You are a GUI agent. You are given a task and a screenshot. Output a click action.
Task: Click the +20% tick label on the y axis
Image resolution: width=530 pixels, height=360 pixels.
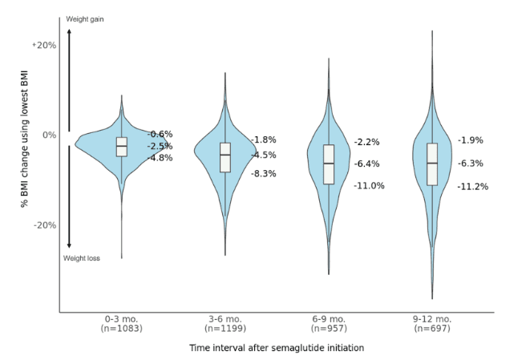(x=44, y=45)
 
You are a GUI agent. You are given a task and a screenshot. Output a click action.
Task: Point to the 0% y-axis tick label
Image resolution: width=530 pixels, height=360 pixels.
(x=49, y=135)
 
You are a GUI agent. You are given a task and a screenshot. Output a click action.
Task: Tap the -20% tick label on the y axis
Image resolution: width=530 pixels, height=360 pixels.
(x=44, y=225)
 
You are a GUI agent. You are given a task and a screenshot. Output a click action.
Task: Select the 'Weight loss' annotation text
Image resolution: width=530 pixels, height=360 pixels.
(x=82, y=258)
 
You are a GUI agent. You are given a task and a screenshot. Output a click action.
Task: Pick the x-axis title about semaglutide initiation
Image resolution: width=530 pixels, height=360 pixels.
(x=276, y=348)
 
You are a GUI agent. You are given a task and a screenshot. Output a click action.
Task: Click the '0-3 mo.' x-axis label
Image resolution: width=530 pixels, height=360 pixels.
(x=121, y=319)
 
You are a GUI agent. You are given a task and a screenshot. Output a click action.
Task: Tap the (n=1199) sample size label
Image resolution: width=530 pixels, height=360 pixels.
(x=225, y=328)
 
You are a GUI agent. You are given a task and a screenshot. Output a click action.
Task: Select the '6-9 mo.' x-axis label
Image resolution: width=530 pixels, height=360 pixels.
(x=329, y=319)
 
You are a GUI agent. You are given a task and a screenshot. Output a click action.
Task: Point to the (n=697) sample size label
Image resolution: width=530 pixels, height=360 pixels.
(x=433, y=328)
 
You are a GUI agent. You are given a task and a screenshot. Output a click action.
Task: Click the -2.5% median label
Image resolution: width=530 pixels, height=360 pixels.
(x=160, y=147)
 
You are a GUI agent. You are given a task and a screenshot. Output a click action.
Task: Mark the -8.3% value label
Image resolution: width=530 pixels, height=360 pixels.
(x=264, y=173)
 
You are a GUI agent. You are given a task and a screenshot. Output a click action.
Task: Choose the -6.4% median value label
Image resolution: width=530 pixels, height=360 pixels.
(x=367, y=164)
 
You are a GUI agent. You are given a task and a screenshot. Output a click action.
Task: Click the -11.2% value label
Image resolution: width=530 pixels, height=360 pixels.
(x=473, y=187)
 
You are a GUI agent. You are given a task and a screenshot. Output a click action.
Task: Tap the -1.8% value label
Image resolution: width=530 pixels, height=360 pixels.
(x=264, y=140)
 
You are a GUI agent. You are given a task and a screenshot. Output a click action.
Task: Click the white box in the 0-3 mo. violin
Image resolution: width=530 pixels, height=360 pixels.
(x=122, y=146)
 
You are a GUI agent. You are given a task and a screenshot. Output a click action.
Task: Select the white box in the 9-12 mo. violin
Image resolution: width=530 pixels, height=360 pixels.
(x=432, y=164)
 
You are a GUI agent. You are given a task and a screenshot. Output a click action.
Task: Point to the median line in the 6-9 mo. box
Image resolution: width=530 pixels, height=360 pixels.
(x=329, y=164)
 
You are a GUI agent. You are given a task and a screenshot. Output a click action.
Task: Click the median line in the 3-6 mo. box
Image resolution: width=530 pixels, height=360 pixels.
(x=225, y=155)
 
